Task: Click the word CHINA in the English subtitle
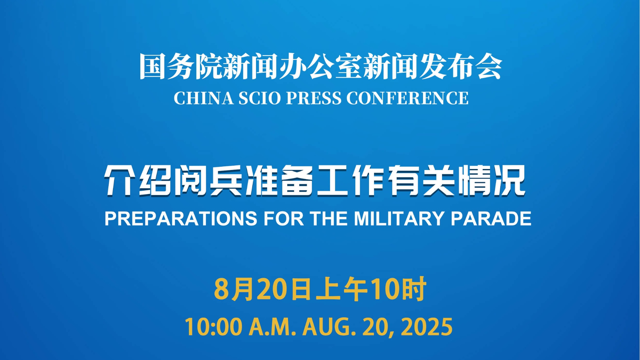point(203,98)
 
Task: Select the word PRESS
point(314,98)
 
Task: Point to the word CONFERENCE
point(407,98)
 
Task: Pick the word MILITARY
point(399,219)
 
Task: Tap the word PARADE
point(491,219)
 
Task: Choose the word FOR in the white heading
point(283,219)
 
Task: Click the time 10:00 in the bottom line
point(213,327)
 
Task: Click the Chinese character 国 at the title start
point(152,67)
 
